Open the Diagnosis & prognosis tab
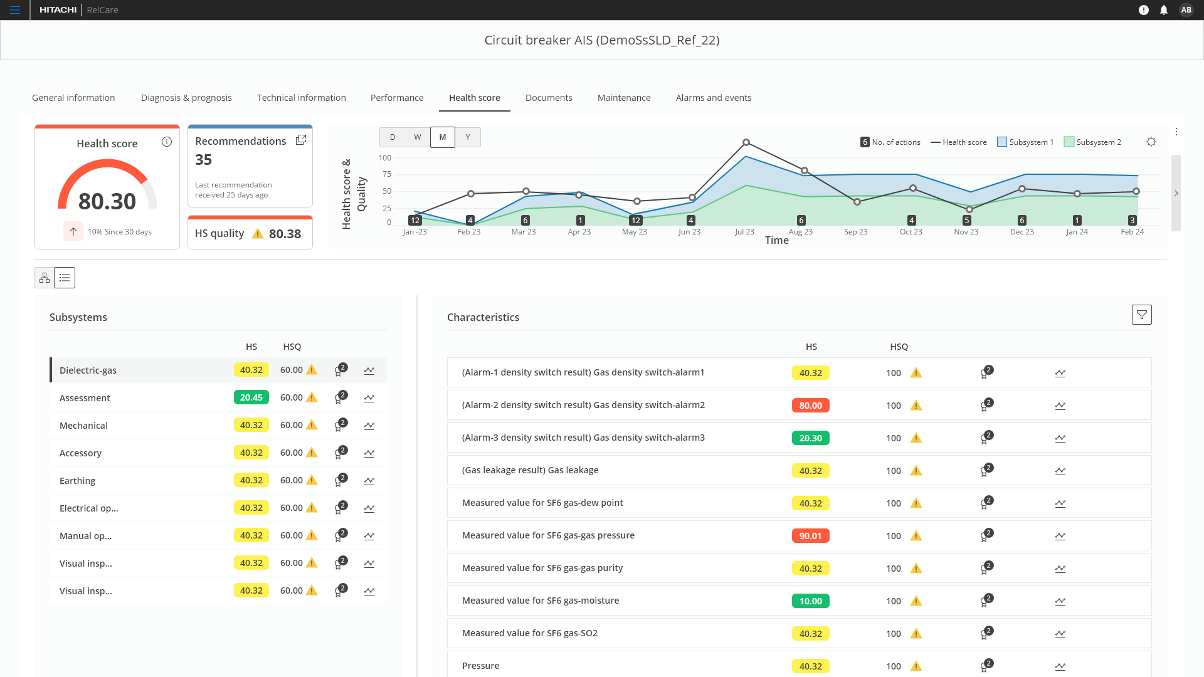pos(186,98)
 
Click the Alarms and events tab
pos(713,98)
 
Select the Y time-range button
pos(468,137)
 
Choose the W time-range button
pos(417,137)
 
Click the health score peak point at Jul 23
pos(746,143)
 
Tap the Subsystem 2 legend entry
pos(1092,142)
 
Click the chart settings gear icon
pos(1151,142)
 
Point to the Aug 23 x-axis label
pos(800,232)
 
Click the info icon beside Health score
pos(167,142)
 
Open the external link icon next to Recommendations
pos(301,140)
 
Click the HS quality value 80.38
pos(285,234)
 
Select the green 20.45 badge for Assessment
pos(251,397)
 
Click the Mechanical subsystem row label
pos(83,426)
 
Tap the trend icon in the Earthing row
pos(369,481)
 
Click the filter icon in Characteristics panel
pos(1141,315)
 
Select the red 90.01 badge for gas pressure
pos(810,536)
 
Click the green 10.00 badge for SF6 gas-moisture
pos(810,601)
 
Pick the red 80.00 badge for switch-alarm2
pos(810,406)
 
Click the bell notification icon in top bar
pos(1164,10)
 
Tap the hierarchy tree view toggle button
pos(45,278)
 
